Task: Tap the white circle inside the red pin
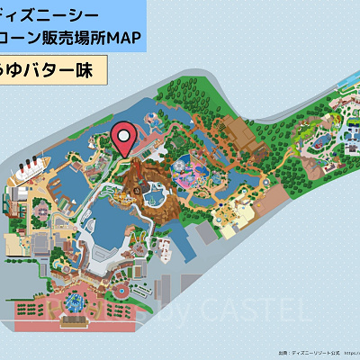(125, 136)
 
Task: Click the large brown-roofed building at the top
(235, 135)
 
